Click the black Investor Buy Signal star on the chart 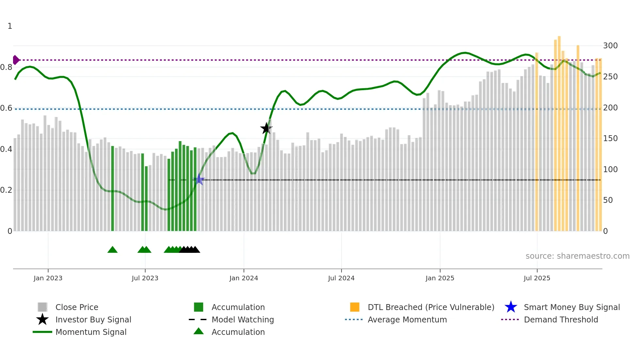point(266,128)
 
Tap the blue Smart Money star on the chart point(199,179)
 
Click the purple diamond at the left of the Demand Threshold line point(16,60)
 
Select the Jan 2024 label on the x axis point(244,278)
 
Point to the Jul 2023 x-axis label point(145,278)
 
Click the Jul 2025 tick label point(537,278)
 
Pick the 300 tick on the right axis point(610,45)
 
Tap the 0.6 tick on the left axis point(6,108)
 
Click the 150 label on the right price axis point(610,138)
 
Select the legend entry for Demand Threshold point(561,319)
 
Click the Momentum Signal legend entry point(91,332)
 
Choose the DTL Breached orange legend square point(355,307)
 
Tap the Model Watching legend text point(243,319)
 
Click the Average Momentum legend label point(407,319)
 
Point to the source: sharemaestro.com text point(577,256)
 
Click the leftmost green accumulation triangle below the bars point(112,250)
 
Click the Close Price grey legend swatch point(42,307)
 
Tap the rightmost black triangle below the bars point(195,250)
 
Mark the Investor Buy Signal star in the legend point(42,319)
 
